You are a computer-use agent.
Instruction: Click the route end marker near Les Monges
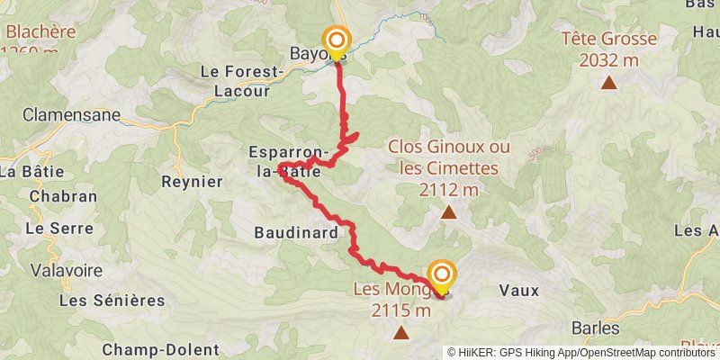441,275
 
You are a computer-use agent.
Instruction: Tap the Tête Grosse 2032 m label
607,49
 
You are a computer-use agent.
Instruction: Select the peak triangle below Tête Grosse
609,84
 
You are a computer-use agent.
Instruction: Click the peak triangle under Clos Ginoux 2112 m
448,212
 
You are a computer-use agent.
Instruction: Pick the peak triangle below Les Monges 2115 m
400,333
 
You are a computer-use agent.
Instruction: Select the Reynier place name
192,181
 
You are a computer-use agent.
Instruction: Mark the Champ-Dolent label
161,349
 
